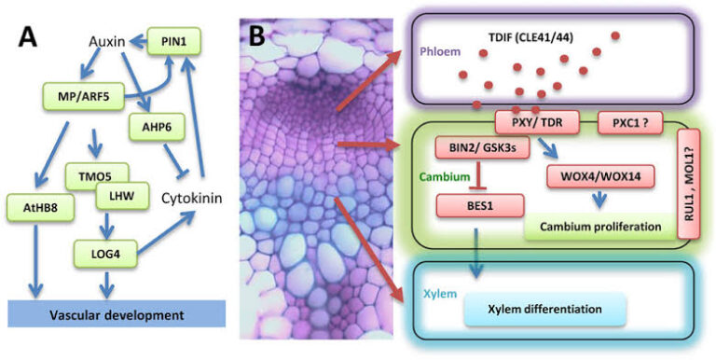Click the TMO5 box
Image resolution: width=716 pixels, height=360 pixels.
[96, 173]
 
